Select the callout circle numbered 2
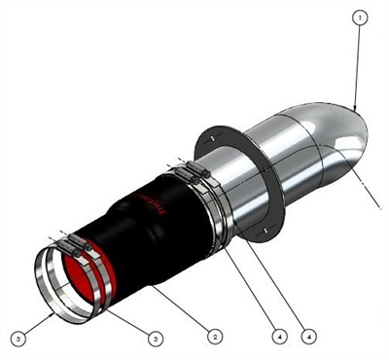click(215, 336)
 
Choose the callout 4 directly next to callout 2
click(278, 336)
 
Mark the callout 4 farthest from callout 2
click(308, 336)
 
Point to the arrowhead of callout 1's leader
click(354, 107)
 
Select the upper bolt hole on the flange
click(208, 139)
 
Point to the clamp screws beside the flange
click(192, 172)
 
